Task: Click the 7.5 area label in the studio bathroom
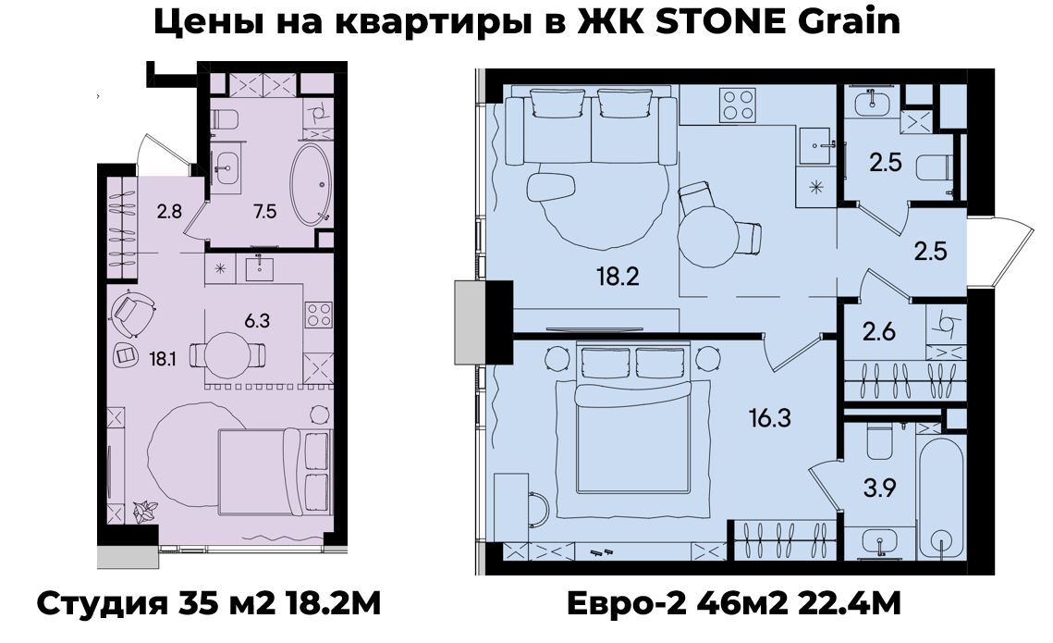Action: click(x=265, y=212)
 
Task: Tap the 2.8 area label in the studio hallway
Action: click(x=169, y=212)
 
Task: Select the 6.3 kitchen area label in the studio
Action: click(x=257, y=321)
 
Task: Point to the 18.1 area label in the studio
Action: click(x=164, y=360)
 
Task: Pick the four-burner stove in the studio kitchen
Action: click(x=319, y=315)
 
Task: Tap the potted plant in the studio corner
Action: click(x=145, y=512)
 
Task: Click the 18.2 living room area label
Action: click(x=618, y=276)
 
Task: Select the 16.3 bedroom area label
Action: click(x=770, y=418)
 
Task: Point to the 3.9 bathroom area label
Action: click(x=880, y=488)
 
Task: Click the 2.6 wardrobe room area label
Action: click(x=879, y=331)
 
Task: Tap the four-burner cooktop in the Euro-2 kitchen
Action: click(x=738, y=105)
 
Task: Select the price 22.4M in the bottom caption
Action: click(x=850, y=604)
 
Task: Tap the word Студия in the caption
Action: click(x=102, y=605)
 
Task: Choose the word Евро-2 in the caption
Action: click(x=628, y=605)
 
